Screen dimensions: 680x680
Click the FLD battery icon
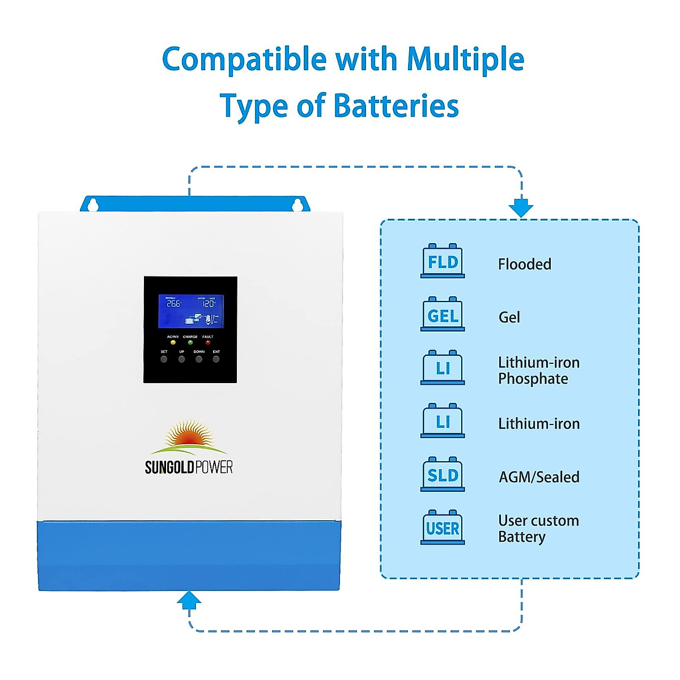point(443,261)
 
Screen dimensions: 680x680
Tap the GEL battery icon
point(443,314)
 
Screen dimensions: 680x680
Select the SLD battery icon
point(443,474)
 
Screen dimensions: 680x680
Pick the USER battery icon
point(443,528)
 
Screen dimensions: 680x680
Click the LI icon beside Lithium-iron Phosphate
point(443,368)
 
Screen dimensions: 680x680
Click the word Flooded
point(524,264)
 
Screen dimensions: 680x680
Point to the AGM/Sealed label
point(538,477)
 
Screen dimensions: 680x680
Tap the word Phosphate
point(533,379)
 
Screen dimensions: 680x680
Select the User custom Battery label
point(538,528)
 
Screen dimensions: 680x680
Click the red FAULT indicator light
point(208,342)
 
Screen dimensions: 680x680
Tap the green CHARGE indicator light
point(190,342)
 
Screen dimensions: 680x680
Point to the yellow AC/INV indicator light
point(173,342)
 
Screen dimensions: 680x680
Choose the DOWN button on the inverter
point(199,359)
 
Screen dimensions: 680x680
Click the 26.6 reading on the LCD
point(173,304)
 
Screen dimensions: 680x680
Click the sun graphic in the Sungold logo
point(190,435)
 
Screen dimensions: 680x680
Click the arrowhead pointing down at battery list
point(521,208)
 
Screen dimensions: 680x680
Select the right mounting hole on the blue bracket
point(297,205)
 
